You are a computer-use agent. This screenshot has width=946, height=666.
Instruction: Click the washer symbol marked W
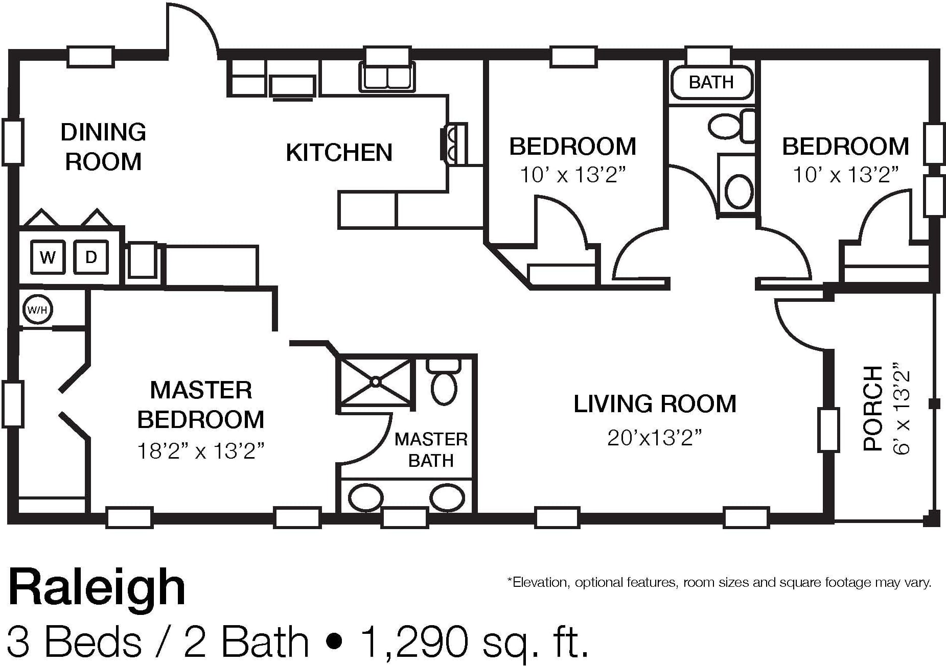point(48,257)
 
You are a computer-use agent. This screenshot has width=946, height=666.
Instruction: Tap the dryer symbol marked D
point(91,257)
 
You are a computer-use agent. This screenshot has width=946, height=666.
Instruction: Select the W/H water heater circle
point(37,310)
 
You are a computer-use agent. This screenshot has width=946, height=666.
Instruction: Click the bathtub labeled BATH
point(711,82)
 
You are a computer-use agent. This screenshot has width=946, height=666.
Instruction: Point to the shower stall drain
point(376,382)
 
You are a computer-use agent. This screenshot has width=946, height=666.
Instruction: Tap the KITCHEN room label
point(339,152)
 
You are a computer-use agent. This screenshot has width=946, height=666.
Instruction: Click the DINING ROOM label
point(103,147)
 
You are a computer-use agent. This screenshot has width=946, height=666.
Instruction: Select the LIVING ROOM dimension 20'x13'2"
point(655,438)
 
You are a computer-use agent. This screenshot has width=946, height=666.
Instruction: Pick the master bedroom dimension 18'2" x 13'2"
point(201,451)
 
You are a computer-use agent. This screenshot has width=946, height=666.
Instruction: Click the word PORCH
point(872,408)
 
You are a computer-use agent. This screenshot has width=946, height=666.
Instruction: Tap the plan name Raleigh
point(97,588)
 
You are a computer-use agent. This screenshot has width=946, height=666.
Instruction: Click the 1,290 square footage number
point(414,641)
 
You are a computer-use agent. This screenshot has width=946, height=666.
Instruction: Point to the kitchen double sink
point(387,76)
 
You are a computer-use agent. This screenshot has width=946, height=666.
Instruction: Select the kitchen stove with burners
point(454,144)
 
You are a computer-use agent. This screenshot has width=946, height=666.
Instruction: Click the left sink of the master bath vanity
point(365,497)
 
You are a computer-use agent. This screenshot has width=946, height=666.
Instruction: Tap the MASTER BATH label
point(431,450)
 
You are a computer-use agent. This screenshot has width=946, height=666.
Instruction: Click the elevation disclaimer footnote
point(719,583)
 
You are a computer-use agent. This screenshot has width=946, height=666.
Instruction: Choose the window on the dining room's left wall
point(13,142)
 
